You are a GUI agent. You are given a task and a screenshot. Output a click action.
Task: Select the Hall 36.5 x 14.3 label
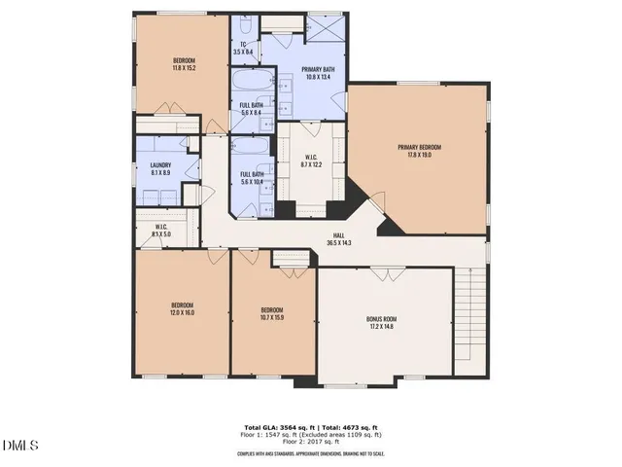point(339,238)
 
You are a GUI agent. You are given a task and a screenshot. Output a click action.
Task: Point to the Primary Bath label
point(318,73)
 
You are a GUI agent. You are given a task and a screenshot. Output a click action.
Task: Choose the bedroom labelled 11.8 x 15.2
point(183,64)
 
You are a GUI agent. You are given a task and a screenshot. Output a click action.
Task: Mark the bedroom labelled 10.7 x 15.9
point(271,314)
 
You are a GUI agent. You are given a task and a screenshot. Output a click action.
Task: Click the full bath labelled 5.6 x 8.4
point(254,109)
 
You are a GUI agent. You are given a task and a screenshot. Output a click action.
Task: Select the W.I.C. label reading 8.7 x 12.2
point(311,161)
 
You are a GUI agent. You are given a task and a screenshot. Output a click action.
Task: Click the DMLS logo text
point(19,447)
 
